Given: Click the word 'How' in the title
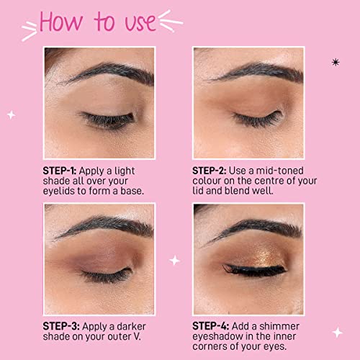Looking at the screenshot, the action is [x=61, y=22].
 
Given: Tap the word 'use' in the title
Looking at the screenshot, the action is [x=140, y=22].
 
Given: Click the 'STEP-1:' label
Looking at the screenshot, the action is [x=60, y=171].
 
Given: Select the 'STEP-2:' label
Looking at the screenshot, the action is [x=210, y=171].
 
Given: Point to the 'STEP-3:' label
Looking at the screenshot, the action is [x=61, y=326].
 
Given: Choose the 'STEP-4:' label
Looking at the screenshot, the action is [x=211, y=326].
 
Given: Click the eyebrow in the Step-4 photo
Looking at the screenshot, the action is [x=254, y=228].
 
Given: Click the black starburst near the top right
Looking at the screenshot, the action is [x=336, y=63].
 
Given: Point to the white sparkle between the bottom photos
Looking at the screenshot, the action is [x=174, y=261].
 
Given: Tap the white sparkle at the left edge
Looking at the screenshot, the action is [x=11, y=115].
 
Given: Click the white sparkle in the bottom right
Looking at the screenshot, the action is [x=338, y=333].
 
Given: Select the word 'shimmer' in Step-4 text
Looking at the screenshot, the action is [x=279, y=326].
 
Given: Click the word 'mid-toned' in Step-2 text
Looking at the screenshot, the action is [x=280, y=171].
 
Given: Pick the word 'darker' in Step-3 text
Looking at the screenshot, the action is [x=131, y=326].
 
